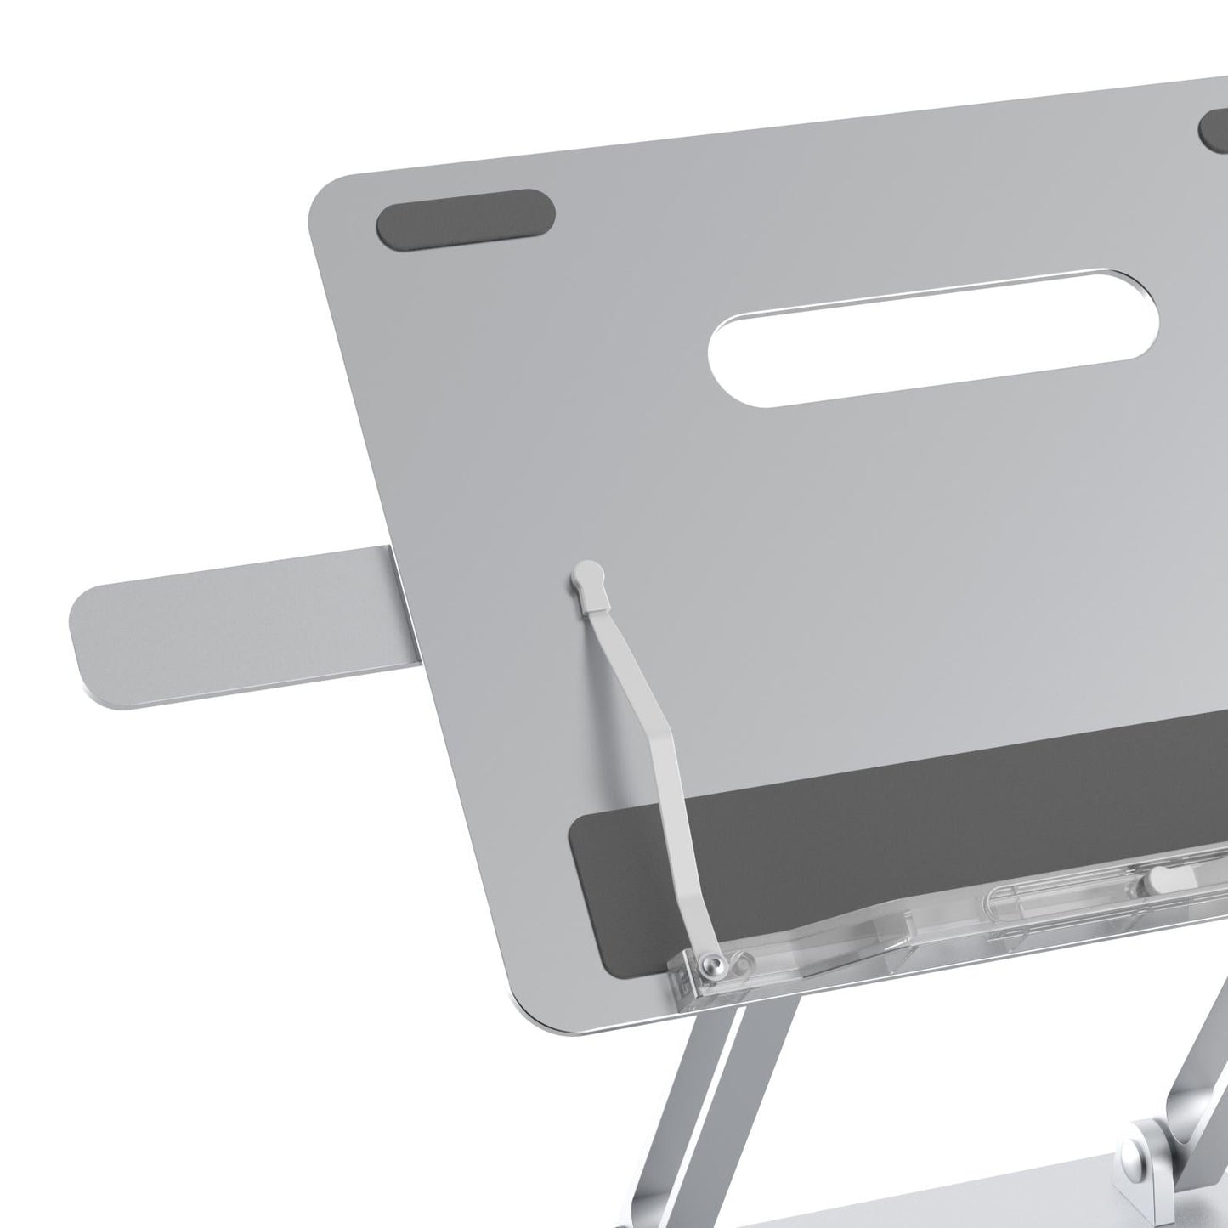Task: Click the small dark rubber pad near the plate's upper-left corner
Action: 466,218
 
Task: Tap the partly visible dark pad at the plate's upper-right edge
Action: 1214,128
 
